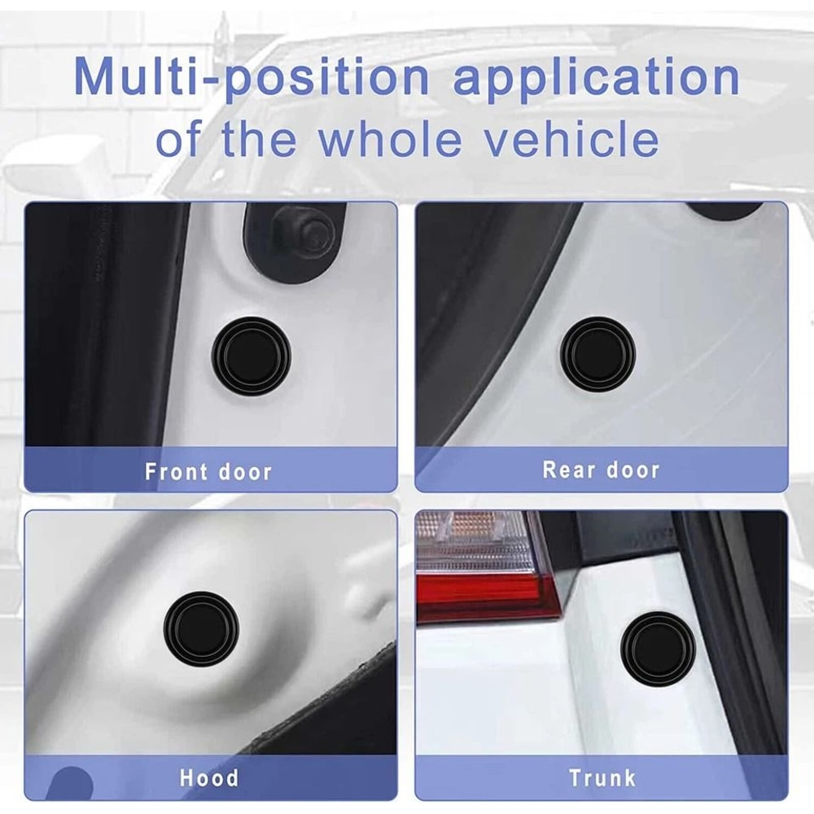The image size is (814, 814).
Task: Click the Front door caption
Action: [x=208, y=471]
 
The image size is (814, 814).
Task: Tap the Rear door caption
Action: [x=601, y=470]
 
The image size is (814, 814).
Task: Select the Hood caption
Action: [x=209, y=777]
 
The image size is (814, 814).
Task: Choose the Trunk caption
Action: [x=602, y=778]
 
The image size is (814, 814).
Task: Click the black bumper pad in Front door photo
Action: [x=251, y=356]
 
